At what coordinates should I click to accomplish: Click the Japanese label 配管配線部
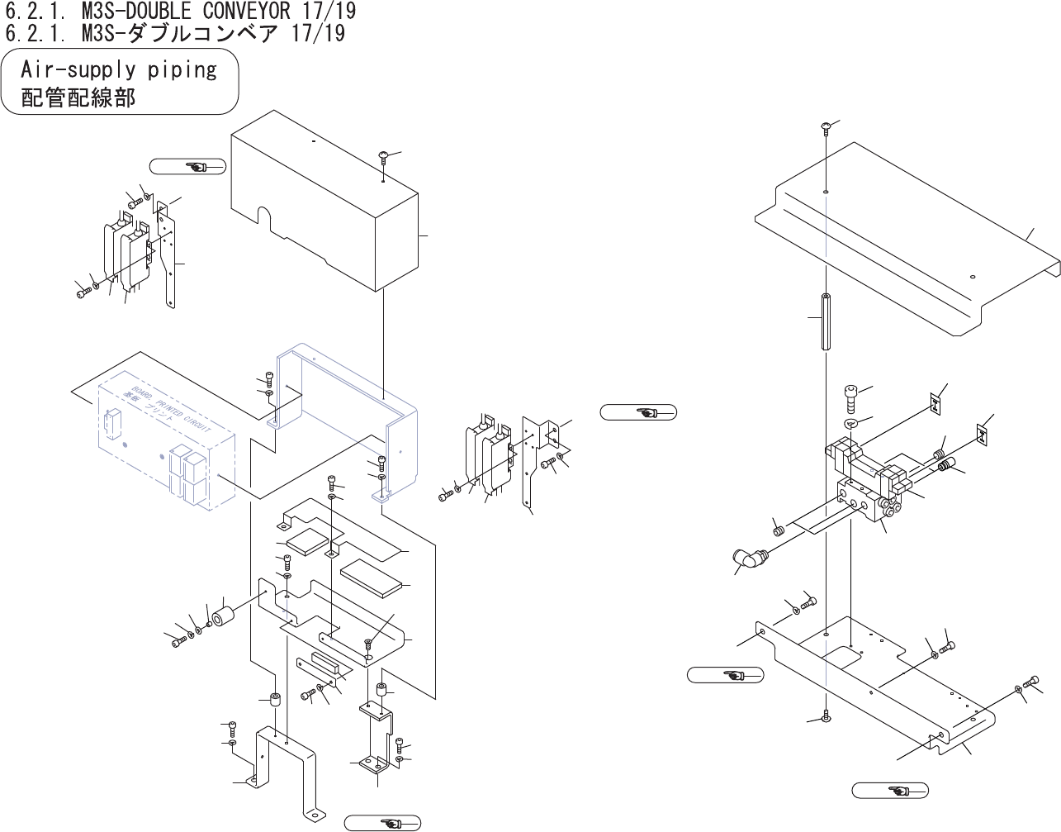click(78, 97)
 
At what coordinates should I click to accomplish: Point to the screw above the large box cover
click(384, 155)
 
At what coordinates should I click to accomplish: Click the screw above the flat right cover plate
click(826, 126)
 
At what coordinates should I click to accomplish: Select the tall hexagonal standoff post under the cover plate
click(826, 321)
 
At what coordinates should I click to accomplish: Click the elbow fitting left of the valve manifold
click(749, 559)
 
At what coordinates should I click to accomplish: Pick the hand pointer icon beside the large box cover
click(188, 167)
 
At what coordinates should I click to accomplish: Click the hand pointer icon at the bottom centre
click(382, 823)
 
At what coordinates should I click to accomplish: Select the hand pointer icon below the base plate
click(890, 791)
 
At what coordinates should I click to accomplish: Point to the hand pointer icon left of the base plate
click(725, 676)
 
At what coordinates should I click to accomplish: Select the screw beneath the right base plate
click(826, 717)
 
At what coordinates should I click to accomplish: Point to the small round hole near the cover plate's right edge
click(973, 277)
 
